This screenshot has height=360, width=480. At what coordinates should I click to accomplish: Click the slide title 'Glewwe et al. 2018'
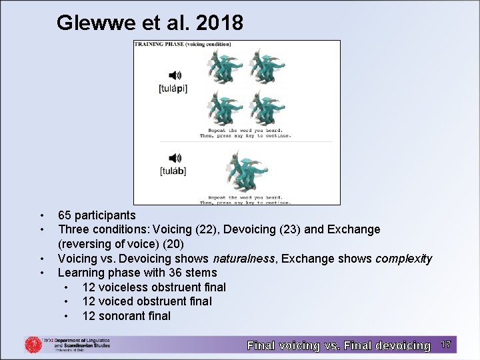tap(150, 23)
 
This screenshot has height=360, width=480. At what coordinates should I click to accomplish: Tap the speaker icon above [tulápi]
tap(175, 75)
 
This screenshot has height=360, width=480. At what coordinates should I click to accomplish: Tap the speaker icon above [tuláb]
tap(175, 158)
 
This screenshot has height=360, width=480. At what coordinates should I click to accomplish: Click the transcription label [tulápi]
tap(173, 89)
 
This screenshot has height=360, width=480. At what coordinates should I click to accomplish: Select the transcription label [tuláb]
tap(173, 171)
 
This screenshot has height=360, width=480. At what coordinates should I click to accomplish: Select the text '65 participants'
tap(97, 215)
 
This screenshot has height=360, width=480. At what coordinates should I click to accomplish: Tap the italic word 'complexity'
tap(404, 259)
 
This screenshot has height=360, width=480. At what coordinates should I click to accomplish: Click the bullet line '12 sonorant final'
tap(127, 316)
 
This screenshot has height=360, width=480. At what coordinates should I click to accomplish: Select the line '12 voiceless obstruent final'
tap(154, 287)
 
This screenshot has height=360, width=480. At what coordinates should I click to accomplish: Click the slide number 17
tap(446, 345)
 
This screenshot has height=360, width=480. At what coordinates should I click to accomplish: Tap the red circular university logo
tap(33, 345)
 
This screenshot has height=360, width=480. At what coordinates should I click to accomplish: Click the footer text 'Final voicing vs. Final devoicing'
tap(339, 345)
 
